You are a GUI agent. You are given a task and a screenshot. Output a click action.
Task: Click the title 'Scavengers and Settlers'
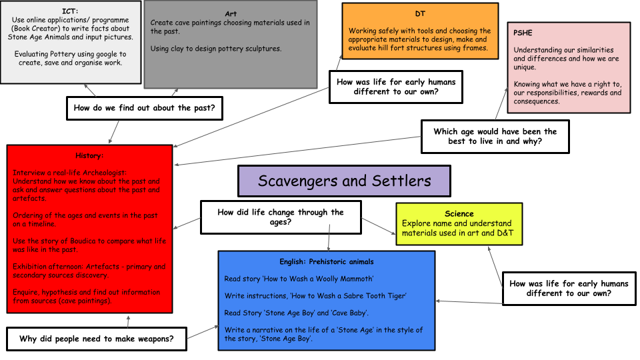click(x=344, y=181)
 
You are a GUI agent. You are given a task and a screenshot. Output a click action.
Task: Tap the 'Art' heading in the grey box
click(x=231, y=13)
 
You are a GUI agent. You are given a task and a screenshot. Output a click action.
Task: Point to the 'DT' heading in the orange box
click(x=420, y=13)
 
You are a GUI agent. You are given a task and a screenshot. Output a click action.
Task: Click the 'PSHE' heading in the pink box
click(x=525, y=33)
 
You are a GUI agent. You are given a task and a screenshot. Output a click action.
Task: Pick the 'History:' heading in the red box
click(x=89, y=155)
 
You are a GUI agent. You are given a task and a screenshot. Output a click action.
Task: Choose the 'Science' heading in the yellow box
click(x=459, y=213)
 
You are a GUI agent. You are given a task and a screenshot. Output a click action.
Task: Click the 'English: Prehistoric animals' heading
click(x=327, y=261)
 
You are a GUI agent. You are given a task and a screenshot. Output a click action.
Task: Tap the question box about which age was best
click(x=495, y=136)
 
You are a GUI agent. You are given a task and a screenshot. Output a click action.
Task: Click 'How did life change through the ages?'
click(x=281, y=217)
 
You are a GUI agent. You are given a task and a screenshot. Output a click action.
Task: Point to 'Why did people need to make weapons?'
click(x=97, y=339)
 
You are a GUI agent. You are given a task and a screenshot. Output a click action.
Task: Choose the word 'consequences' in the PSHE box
click(x=537, y=101)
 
